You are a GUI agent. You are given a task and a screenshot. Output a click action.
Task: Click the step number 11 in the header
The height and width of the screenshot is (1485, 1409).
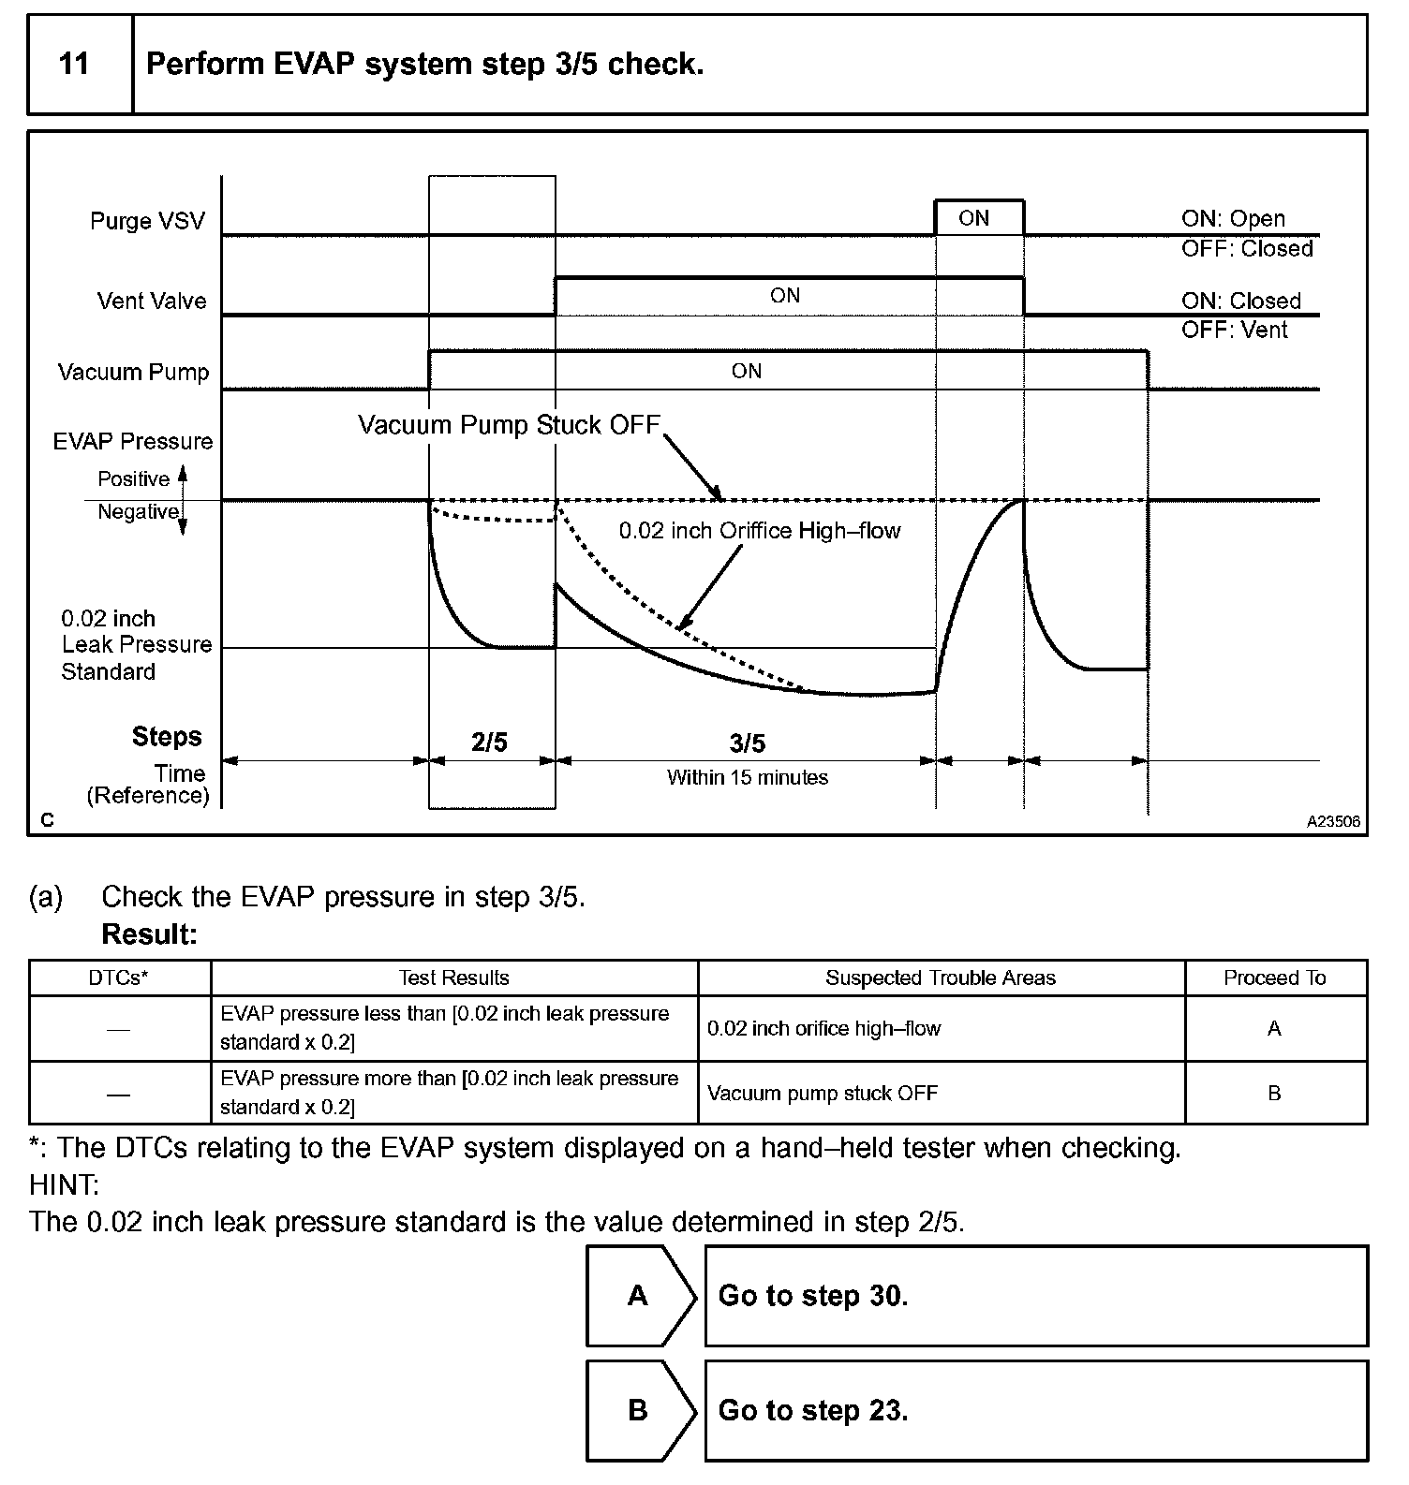pos(74,64)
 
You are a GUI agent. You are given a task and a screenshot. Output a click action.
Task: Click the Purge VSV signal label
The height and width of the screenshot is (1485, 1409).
pos(147,221)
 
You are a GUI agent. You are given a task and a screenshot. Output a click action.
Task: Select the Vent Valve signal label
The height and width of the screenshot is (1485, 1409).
pos(152,301)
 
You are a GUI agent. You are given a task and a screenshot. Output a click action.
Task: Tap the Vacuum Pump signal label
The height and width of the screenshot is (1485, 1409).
pos(133,372)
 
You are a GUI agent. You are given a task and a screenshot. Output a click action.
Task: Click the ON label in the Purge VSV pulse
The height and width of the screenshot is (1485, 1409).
pos(974,218)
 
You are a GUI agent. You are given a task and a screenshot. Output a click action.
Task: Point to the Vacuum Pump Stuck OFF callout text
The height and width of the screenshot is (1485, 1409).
pos(509,425)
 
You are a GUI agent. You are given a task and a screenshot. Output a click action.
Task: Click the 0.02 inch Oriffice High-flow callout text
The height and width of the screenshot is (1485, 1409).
pos(759,531)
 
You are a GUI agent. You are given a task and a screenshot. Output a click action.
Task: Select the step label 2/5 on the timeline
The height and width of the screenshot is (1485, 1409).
pos(489,742)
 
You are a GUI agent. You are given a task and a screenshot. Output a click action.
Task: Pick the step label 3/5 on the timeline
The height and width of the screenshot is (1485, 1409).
pos(747,743)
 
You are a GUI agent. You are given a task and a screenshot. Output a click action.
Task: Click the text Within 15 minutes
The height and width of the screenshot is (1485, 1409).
pos(747,777)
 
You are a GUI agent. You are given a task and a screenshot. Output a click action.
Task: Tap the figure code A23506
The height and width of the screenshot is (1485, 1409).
pos(1333,821)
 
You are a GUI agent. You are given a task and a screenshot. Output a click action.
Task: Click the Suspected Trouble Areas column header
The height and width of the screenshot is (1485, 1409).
pos(940,978)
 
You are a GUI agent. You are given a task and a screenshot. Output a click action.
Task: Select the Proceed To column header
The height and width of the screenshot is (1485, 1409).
pos(1274,978)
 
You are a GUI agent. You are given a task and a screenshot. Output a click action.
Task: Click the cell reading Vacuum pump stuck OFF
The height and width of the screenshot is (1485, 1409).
pos(822,1093)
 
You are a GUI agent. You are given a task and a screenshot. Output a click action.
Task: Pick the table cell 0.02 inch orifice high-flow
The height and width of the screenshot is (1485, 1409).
pos(823,1028)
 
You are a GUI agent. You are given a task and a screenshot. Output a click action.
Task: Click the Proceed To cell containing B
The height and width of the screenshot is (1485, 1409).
pos(1274,1093)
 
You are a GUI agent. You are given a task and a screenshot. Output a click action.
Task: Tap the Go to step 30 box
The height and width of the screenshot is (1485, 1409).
pos(1035,1296)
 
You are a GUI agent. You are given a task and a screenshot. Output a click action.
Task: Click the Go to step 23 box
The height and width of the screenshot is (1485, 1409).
pos(1035,1410)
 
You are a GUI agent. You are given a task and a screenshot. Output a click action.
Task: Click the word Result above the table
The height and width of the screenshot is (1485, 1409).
pos(149,934)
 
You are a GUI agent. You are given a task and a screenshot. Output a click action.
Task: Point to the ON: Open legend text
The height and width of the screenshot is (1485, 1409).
pos(1233,218)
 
